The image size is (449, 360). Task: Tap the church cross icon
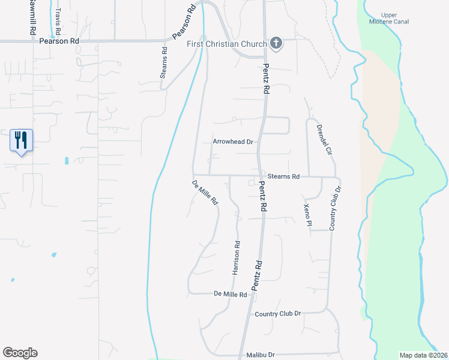tap(276, 43)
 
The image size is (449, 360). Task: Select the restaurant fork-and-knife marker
tap(21, 140)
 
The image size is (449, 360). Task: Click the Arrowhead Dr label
tap(234, 142)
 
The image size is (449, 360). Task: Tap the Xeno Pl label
tap(307, 214)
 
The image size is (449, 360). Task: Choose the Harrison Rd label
tap(237, 258)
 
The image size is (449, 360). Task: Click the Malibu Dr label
tap(260, 355)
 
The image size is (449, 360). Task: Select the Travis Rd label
tap(58, 21)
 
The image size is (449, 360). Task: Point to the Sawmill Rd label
tap(29, 17)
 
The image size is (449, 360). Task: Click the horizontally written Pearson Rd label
tap(59, 41)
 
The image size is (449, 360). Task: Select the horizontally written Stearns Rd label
tap(283, 176)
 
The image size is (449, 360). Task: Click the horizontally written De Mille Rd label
tap(231, 295)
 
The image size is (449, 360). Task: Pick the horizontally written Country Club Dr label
tap(277, 314)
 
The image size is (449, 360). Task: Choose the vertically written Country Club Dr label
tap(334, 208)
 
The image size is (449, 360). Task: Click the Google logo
tap(20, 353)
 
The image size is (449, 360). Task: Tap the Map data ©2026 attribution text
tap(423, 355)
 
